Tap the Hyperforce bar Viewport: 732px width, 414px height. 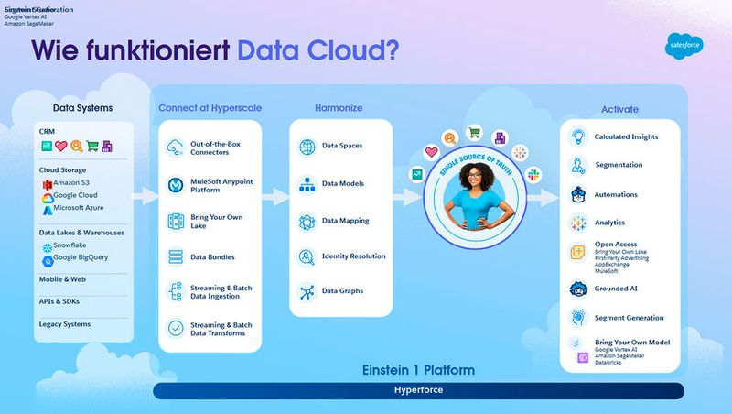(x=418, y=390)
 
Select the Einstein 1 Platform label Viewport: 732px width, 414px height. (x=418, y=370)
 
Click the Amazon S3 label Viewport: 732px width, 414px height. (x=76, y=184)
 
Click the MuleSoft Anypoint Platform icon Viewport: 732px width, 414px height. (x=175, y=185)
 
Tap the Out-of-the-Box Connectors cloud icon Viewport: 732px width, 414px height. (x=175, y=147)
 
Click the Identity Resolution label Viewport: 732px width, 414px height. (x=354, y=256)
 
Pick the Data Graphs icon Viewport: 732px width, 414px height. (x=307, y=292)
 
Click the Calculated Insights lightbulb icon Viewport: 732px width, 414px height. (x=577, y=136)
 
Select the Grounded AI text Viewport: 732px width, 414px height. (x=616, y=289)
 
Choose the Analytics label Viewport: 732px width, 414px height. (x=609, y=223)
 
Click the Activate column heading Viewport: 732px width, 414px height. (x=619, y=110)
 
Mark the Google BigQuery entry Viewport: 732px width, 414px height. (x=81, y=257)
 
